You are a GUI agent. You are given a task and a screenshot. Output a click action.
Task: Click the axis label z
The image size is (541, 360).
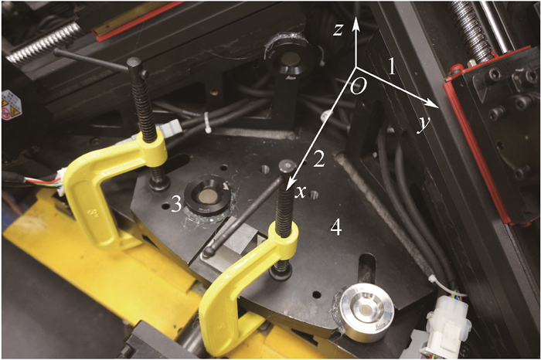click(338, 29)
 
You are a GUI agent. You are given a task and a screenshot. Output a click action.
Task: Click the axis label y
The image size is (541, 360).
click(422, 125)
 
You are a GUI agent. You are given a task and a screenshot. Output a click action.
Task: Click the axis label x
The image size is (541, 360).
click(301, 192)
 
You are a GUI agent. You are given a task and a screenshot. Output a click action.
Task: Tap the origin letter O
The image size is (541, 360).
click(358, 87)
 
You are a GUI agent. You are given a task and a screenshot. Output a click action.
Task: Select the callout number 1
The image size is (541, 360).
click(391, 67)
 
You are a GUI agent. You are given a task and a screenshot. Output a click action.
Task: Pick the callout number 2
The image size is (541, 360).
click(318, 159)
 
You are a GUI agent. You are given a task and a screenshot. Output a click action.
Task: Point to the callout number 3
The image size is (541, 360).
click(176, 205)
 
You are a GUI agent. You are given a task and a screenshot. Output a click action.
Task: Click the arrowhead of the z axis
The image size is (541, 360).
click(357, 24)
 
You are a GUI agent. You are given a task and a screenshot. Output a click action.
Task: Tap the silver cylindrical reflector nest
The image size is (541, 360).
click(362, 311)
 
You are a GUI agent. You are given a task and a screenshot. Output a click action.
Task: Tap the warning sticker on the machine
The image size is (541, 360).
click(11, 105)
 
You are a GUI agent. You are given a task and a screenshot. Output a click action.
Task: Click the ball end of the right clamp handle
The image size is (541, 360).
click(208, 253)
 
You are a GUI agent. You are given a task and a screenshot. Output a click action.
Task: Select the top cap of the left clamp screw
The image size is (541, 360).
click(134, 63)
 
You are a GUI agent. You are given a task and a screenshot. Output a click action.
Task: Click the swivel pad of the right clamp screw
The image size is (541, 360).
click(280, 273)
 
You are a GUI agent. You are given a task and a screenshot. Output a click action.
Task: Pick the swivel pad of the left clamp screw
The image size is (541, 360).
click(159, 184)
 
